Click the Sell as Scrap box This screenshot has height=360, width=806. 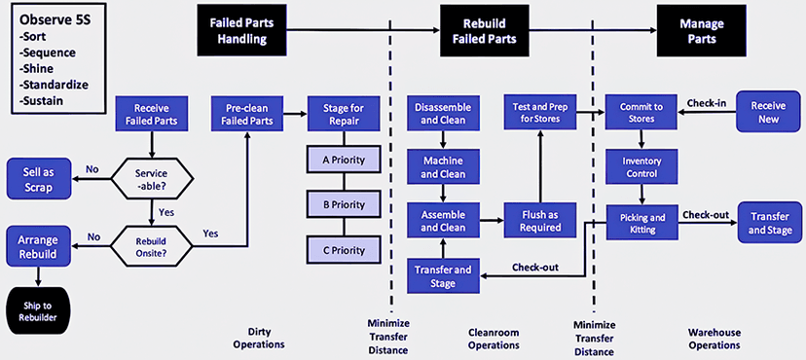pyautogui.click(x=39, y=178)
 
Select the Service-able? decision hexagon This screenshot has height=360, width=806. pyautogui.click(x=153, y=179)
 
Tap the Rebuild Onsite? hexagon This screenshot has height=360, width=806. pyautogui.click(x=152, y=246)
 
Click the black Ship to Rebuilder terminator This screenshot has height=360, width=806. pyautogui.click(x=39, y=311)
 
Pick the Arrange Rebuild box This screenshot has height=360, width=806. pyautogui.click(x=39, y=246)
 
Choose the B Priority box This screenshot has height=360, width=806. pyautogui.click(x=344, y=205)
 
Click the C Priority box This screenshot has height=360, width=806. pyautogui.click(x=344, y=250)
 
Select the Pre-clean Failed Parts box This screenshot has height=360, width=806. pyautogui.click(x=248, y=115)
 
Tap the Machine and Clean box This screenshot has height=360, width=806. pyautogui.click(x=443, y=167)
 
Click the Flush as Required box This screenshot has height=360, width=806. pyautogui.click(x=539, y=220)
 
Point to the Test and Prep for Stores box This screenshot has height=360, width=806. pyautogui.click(x=539, y=113)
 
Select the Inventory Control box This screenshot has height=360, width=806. pyautogui.click(x=641, y=167)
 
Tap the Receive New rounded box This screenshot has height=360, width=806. pyautogui.click(x=768, y=112)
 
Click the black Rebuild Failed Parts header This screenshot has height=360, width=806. pyautogui.click(x=485, y=30)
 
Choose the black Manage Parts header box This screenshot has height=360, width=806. pyautogui.click(x=701, y=30)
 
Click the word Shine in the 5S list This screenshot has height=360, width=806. pyautogui.click(x=37, y=68)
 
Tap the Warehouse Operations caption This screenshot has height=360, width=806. pyautogui.click(x=714, y=339)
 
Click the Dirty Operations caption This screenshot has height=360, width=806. pyautogui.click(x=259, y=338)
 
